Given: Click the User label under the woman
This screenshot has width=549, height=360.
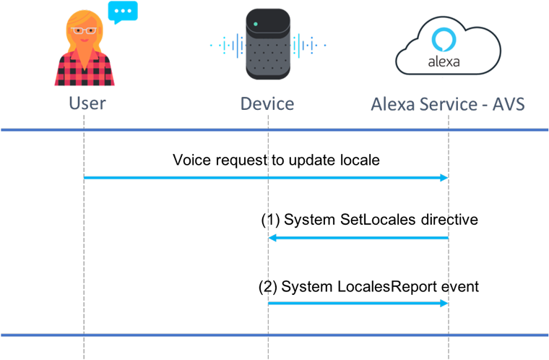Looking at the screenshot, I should (87, 103).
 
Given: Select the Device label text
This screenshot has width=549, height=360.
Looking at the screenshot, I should (267, 103).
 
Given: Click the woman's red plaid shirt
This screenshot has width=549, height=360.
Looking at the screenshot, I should (85, 69).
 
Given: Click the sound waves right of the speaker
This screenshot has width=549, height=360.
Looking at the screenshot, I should (308, 45).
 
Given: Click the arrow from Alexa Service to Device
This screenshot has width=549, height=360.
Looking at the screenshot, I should (358, 238).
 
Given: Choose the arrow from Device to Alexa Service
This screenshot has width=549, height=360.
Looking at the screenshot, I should (358, 304).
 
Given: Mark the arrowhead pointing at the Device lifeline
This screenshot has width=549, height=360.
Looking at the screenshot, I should (272, 238).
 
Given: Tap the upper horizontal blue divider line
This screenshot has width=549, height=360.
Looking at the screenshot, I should (274, 130).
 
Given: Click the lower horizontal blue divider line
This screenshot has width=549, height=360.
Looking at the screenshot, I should (274, 335).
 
